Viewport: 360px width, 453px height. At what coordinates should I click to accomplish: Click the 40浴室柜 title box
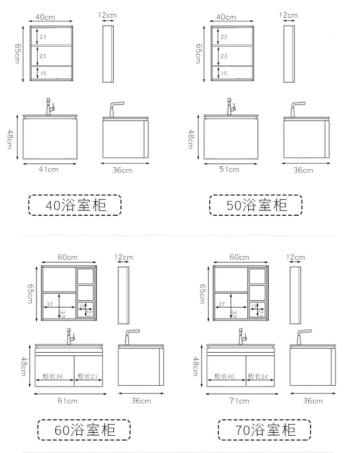[75, 205]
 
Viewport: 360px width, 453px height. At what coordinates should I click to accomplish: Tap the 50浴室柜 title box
[256, 205]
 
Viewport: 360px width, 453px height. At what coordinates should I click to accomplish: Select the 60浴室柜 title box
[84, 430]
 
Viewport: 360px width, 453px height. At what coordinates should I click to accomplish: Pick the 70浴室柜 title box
[264, 430]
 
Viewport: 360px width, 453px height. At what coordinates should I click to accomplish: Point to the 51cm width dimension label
[229, 170]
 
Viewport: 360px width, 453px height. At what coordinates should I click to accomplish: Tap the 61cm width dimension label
[68, 401]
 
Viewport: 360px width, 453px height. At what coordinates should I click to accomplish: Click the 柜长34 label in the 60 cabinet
[53, 376]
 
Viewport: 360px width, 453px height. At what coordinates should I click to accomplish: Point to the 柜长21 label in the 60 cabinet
[87, 376]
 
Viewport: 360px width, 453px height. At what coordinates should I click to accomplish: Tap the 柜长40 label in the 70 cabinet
[225, 376]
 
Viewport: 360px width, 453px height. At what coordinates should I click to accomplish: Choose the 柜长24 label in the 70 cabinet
[258, 376]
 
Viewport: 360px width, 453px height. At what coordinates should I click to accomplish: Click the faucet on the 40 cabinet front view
[49, 107]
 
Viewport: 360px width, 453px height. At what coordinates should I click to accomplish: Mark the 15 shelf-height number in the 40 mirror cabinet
[43, 73]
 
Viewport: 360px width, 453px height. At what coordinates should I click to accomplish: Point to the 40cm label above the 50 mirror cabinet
[226, 17]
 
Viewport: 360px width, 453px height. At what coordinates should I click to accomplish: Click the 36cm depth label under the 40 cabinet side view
[122, 171]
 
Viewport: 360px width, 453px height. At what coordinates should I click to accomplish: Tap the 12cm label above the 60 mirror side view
[124, 257]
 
